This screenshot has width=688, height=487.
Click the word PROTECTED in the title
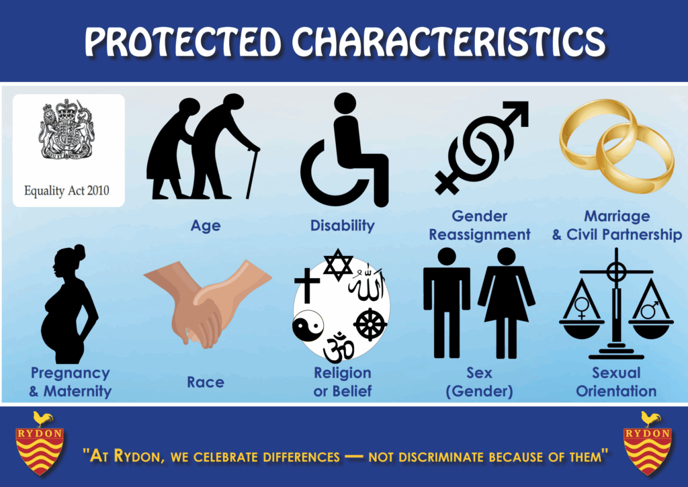tap(183, 42)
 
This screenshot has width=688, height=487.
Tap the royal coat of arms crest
tap(67, 129)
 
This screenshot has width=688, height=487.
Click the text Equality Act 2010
tap(67, 190)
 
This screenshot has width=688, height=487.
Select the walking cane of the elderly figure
tap(252, 173)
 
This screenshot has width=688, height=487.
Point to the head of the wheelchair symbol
tap(345, 103)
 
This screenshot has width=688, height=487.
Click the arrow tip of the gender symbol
tap(520, 109)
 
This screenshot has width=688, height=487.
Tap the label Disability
tap(342, 226)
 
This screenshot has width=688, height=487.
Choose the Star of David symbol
tap(338, 265)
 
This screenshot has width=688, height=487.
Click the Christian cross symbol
tap(306, 285)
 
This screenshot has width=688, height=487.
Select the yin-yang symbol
tap(308, 326)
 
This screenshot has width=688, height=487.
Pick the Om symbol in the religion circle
tap(339, 347)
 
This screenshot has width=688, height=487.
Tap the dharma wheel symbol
tap(370, 325)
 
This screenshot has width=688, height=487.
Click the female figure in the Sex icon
tap(507, 303)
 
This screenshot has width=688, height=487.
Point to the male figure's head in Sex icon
tap(446, 256)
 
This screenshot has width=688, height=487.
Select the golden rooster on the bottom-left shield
tap(42, 419)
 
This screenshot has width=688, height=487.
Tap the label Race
tap(206, 382)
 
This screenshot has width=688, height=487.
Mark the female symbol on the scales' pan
tap(582, 308)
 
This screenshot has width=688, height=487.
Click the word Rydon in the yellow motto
tap(137, 456)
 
